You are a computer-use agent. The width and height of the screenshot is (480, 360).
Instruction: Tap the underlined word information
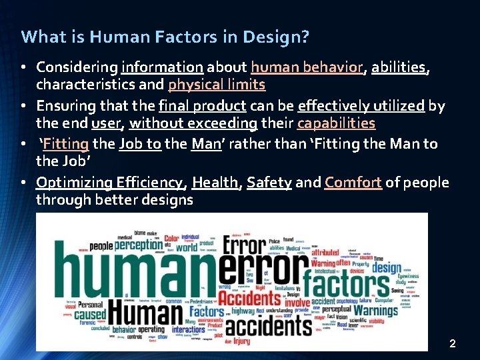tap(162, 67)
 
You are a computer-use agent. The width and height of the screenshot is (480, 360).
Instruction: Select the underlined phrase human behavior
tap(307, 67)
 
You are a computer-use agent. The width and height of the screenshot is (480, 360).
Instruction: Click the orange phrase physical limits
tap(217, 85)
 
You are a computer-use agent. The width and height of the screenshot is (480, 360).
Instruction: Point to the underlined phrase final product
tap(203, 106)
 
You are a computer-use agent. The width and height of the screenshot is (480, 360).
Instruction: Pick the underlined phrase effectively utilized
tap(361, 106)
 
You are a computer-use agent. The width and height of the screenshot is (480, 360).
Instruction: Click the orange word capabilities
tap(336, 123)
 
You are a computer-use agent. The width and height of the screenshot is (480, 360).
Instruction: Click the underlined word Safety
tap(269, 183)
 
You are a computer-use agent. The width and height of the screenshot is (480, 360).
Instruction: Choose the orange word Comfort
tap(353, 183)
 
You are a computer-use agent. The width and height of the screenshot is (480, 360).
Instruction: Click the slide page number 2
tap(453, 344)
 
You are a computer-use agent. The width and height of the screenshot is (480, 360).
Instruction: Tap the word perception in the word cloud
tap(138, 245)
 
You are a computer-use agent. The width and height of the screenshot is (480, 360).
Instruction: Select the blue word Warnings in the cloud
tap(375, 310)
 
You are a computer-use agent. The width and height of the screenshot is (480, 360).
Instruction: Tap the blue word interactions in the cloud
tap(189, 329)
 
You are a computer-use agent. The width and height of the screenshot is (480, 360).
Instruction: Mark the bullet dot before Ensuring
tap(23, 107)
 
